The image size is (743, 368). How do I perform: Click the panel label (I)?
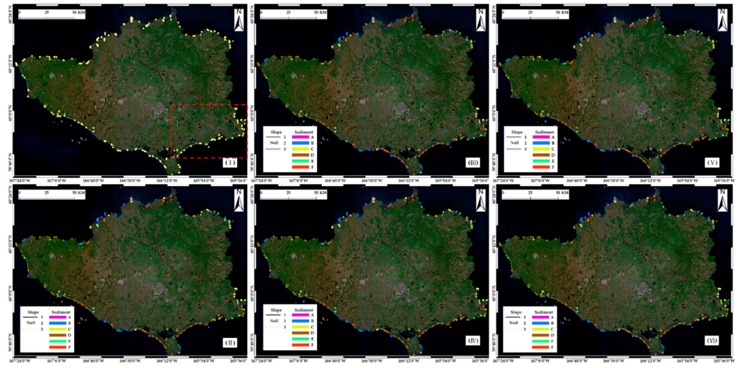click(x=230, y=163)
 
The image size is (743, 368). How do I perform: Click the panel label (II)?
click(x=230, y=343)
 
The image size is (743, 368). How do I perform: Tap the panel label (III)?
click(x=473, y=163)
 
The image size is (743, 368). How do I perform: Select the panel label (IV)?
click(x=473, y=341)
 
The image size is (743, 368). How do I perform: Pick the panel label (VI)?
click(x=712, y=341)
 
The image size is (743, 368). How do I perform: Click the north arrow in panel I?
click(x=239, y=20)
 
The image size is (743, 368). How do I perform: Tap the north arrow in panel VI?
click(x=722, y=200)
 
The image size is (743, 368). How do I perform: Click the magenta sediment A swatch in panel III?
click(x=300, y=137)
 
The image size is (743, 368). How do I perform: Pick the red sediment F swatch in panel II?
click(x=58, y=347)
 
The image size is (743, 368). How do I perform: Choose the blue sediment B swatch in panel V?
click(x=541, y=143)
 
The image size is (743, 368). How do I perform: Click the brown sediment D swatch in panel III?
click(x=300, y=155)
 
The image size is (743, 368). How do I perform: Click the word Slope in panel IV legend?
click(x=276, y=310)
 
